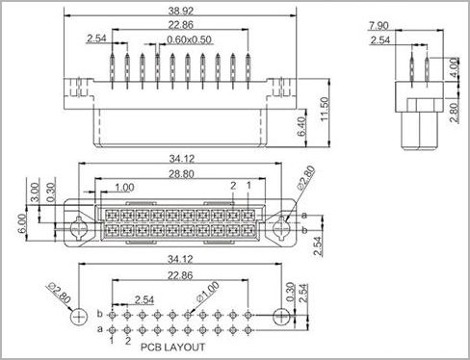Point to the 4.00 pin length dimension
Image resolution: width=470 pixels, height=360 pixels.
click(454, 67)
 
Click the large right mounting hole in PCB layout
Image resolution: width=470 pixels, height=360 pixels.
click(280, 317)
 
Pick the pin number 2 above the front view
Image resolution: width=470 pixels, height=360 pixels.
click(232, 184)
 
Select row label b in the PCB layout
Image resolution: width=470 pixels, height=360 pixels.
click(100, 315)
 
